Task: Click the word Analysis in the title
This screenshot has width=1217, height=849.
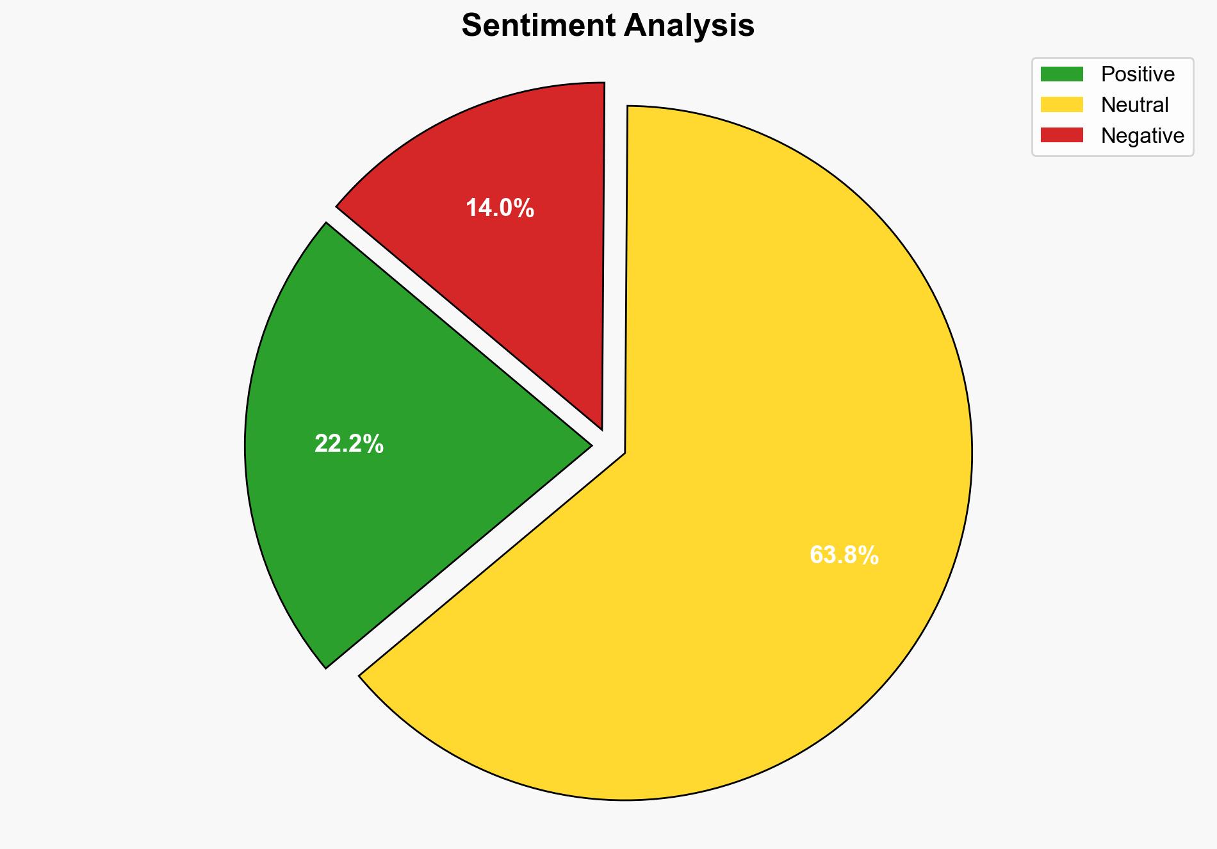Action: [x=689, y=26]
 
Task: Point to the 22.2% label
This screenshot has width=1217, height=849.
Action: [x=349, y=444]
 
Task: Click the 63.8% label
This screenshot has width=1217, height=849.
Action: [x=844, y=556]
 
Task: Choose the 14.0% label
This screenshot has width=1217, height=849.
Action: [x=500, y=208]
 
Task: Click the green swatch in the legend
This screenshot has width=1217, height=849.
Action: [x=1061, y=74]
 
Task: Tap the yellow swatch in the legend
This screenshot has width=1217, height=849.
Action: [x=1061, y=104]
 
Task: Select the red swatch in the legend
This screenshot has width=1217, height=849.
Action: [x=1061, y=135]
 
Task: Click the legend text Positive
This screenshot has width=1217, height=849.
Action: [x=1138, y=74]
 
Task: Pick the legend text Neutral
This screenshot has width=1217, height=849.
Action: [x=1134, y=105]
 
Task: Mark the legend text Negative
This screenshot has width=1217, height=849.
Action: [x=1142, y=136]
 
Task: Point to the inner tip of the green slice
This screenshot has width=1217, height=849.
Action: [x=588, y=445]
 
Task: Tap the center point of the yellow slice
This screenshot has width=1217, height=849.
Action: [x=625, y=453]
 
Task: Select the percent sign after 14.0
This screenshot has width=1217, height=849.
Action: [x=526, y=208]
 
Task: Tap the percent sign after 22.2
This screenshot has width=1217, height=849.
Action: [x=375, y=444]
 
